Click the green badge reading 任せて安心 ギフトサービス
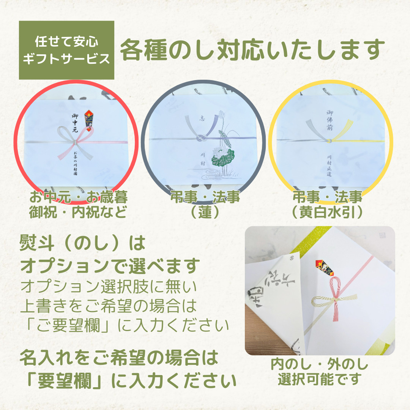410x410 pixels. click(x=66, y=50)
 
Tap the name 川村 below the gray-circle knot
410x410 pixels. click(x=203, y=159)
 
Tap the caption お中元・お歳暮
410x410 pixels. click(x=78, y=197)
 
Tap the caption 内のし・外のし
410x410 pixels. click(x=319, y=366)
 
